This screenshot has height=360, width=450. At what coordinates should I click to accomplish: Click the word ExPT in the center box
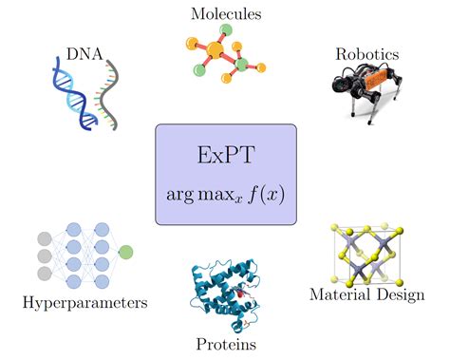coord(225,155)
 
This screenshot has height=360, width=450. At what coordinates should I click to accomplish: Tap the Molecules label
coord(226,13)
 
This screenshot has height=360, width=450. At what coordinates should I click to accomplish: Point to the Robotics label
coord(366,54)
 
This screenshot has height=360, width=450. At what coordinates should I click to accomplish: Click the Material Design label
coord(365,295)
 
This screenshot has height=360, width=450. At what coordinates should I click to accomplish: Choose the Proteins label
coord(225,342)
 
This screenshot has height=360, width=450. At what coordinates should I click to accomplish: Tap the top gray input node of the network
coord(43,238)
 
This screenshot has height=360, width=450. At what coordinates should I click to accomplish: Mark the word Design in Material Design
coord(395,295)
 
